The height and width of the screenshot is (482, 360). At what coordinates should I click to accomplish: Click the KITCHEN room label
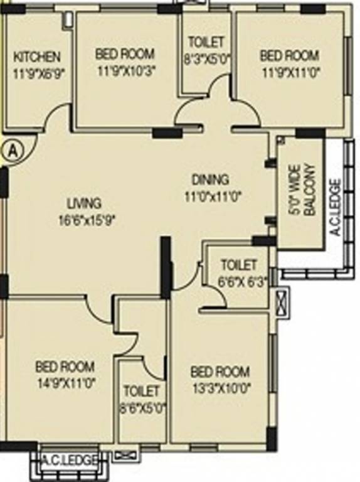[x=37, y=57]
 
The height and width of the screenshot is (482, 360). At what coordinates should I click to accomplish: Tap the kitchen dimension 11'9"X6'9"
[x=38, y=72]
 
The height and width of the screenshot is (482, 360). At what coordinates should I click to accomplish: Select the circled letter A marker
[x=12, y=150]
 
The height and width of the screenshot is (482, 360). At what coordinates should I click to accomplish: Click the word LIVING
[x=84, y=203]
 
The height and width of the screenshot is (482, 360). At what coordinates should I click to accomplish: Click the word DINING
[x=210, y=179]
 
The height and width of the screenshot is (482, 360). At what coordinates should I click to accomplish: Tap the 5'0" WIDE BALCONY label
[x=300, y=191]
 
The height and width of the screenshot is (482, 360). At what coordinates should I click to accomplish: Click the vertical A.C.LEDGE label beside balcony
[x=336, y=206]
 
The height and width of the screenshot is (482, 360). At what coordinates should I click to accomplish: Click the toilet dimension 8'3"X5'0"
[x=206, y=60]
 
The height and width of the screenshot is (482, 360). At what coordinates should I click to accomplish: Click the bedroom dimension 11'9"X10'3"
[x=125, y=70]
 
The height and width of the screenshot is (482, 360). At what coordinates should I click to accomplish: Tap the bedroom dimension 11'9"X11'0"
[x=289, y=72]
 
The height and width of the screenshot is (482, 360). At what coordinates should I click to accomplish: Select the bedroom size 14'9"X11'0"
[x=65, y=382]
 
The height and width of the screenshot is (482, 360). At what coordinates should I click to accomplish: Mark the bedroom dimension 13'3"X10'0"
[x=220, y=387]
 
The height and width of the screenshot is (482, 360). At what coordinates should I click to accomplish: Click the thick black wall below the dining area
[x=166, y=266]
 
